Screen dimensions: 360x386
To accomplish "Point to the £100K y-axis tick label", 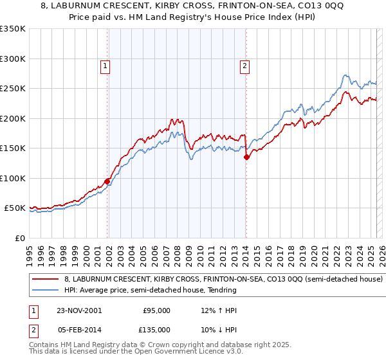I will click(x=12, y=178).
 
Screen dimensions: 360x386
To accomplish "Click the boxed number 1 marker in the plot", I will click(x=104, y=65).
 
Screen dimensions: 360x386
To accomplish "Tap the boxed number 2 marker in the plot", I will click(x=245, y=65).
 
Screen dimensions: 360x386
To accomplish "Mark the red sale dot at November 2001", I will click(x=107, y=181).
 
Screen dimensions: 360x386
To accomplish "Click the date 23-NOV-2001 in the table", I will click(x=78, y=310).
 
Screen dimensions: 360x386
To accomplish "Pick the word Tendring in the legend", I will click(x=221, y=290).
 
